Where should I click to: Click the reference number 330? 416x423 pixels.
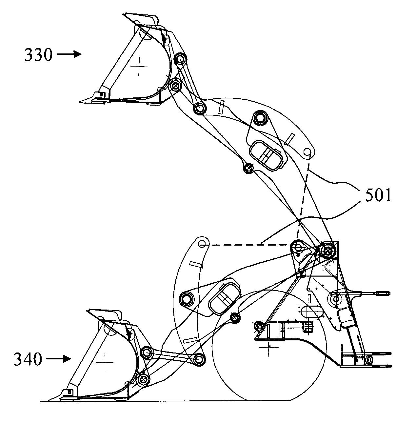tap(39, 55)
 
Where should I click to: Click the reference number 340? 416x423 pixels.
tap(28, 359)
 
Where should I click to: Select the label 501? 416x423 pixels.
tap(378, 195)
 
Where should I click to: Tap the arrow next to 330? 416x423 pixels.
tap(69, 54)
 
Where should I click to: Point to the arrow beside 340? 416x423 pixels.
tap(58, 359)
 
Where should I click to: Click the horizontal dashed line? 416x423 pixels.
tap(248, 245)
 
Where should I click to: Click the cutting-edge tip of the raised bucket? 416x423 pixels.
tap(79, 102)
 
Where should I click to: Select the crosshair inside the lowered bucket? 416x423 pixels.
tap(105, 362)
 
